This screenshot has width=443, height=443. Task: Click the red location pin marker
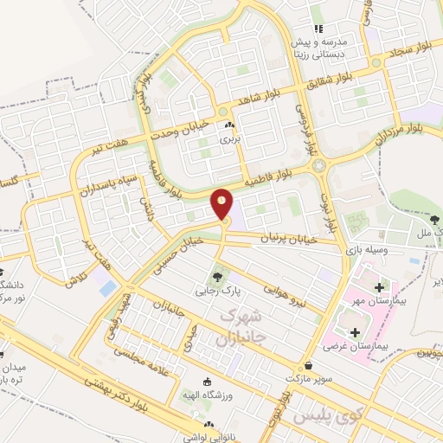pyautogui.click(x=222, y=204)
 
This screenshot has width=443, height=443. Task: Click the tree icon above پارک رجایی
pyautogui.click(x=216, y=278)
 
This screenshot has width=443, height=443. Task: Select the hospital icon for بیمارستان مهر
pyautogui.click(x=378, y=286)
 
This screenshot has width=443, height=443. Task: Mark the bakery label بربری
pyautogui.click(x=227, y=138)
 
